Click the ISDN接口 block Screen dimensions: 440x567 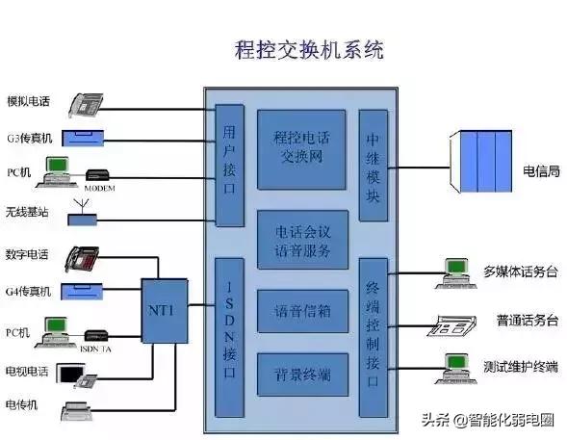coord(228,336)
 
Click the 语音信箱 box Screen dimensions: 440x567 coord(302,310)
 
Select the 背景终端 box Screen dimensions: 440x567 coord(302,374)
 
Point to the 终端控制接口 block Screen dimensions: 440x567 coord(373,336)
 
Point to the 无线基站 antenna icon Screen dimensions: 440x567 coord(85,214)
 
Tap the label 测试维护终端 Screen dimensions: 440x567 coord(520,366)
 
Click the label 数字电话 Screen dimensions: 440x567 coord(27,256)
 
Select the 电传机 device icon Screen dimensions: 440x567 coord(83,411)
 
